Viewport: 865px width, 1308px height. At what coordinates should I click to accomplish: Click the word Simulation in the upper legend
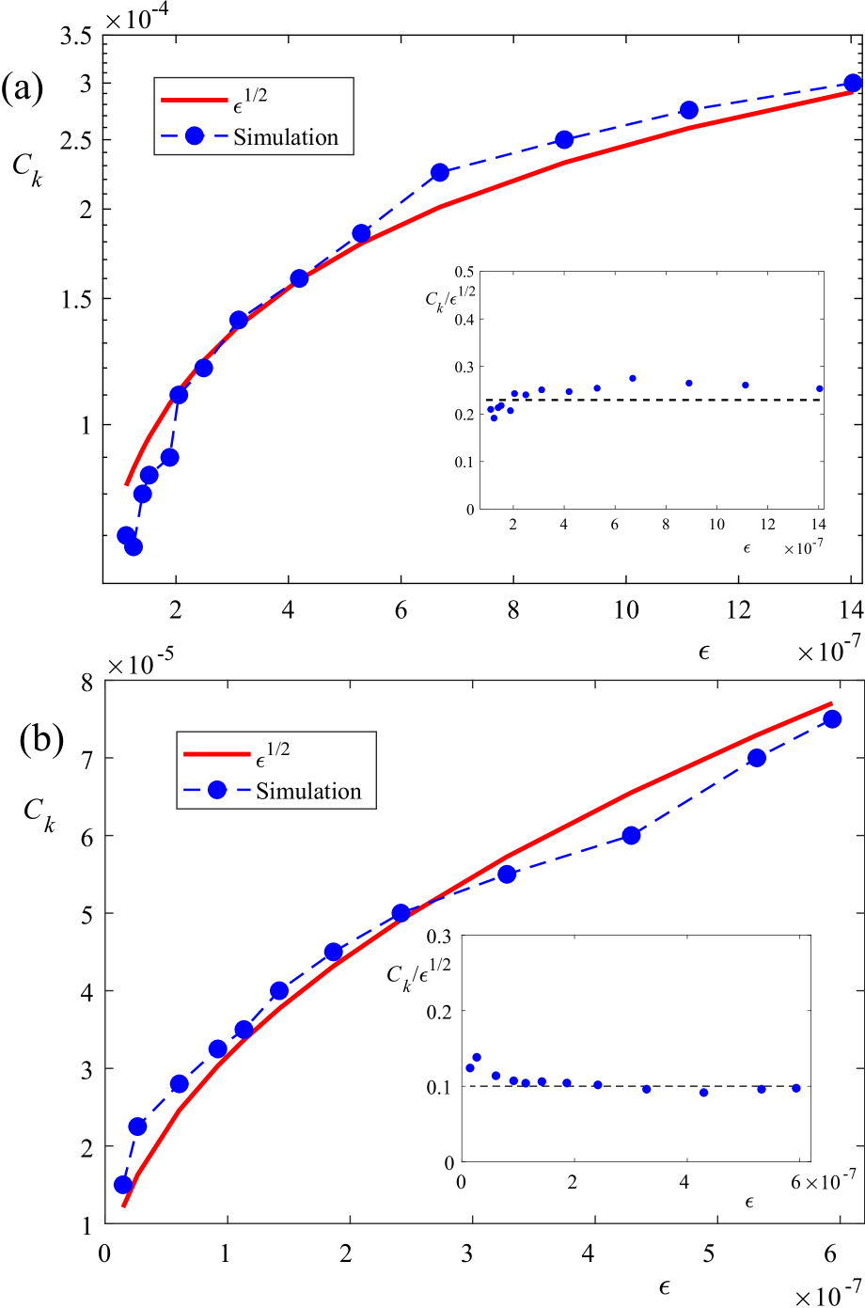click(x=286, y=137)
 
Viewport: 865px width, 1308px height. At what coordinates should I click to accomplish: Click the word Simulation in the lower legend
click(x=308, y=792)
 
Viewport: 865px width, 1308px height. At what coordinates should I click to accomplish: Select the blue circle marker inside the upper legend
click(x=195, y=136)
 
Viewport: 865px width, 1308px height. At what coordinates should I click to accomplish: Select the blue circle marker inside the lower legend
click(x=217, y=791)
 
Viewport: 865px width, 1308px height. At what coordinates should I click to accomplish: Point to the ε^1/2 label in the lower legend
click(x=267, y=752)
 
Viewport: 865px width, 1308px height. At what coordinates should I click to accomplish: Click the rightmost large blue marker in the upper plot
click(x=853, y=84)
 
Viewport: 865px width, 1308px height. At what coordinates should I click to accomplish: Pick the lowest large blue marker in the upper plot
click(x=134, y=546)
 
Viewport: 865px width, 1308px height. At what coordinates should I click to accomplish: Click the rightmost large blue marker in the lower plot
click(x=832, y=719)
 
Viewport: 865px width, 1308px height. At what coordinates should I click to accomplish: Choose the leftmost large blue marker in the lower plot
click(x=122, y=1185)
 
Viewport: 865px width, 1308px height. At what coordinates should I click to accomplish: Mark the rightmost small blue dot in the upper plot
click(x=820, y=388)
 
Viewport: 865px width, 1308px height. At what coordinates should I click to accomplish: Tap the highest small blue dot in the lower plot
click(x=477, y=1058)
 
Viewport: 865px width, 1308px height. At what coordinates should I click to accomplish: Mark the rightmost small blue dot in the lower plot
click(x=796, y=1088)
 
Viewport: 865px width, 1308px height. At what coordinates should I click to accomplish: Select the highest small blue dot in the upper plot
click(x=633, y=378)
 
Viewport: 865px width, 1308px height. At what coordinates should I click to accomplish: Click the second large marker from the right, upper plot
click(x=688, y=111)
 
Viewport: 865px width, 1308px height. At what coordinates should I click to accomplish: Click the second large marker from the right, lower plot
click(x=757, y=758)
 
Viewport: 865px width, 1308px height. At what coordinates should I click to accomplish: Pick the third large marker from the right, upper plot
click(x=564, y=140)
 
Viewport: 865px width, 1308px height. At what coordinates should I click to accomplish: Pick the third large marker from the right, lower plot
click(x=632, y=835)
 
